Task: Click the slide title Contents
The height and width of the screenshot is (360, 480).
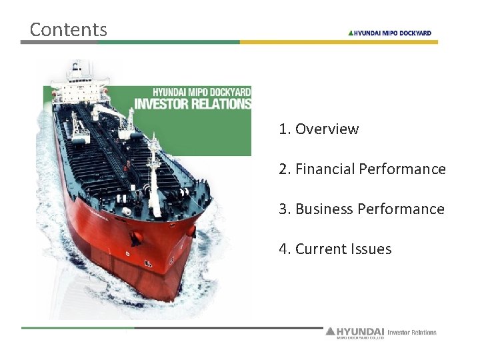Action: pyautogui.click(x=68, y=29)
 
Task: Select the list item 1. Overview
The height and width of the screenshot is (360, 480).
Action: pyautogui.click(x=319, y=129)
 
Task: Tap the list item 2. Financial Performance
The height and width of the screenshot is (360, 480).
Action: pyautogui.click(x=362, y=169)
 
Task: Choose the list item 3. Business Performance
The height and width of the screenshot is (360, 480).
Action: pyautogui.click(x=361, y=209)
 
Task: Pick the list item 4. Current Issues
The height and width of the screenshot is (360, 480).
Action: pyautogui.click(x=335, y=249)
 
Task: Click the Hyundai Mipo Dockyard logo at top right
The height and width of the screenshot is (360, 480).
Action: pyautogui.click(x=390, y=33)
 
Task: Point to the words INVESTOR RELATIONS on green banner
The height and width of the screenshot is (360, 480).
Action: pyautogui.click(x=193, y=103)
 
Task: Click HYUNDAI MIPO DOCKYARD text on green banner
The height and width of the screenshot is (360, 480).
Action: pyautogui.click(x=201, y=91)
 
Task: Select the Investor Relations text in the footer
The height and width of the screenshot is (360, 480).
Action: pyautogui.click(x=412, y=332)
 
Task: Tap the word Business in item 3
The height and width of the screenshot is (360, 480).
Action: pyautogui.click(x=325, y=209)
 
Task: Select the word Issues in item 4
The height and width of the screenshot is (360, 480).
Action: pyautogui.click(x=373, y=249)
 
